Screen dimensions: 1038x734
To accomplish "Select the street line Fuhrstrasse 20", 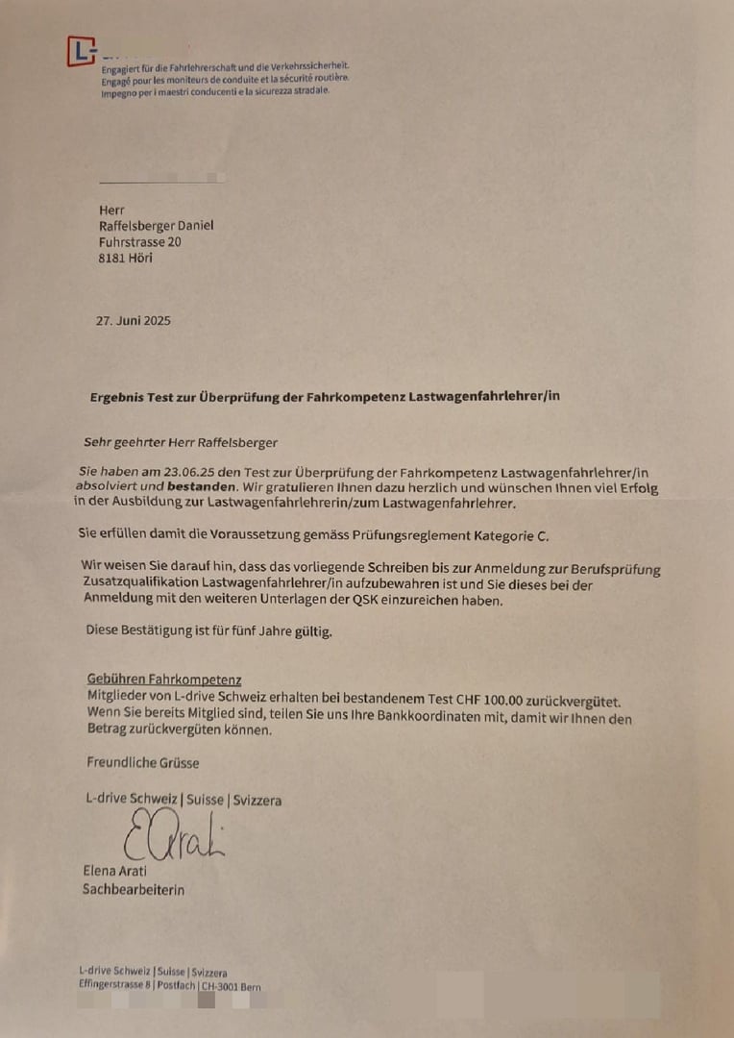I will click(x=139, y=242).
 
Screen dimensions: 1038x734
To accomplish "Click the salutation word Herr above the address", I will click(x=111, y=210).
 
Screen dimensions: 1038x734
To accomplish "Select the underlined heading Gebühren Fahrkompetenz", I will click(x=163, y=680).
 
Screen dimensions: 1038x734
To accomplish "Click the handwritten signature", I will click(x=173, y=835).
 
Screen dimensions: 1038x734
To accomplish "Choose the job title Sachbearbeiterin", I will click(x=134, y=890).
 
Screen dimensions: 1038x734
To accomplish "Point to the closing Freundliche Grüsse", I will click(x=143, y=762).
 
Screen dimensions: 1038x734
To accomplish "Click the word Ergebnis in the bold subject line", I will click(x=119, y=396).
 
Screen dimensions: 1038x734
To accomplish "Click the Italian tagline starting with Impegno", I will click(x=215, y=91).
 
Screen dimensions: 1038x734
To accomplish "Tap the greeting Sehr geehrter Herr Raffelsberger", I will click(x=181, y=443).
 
